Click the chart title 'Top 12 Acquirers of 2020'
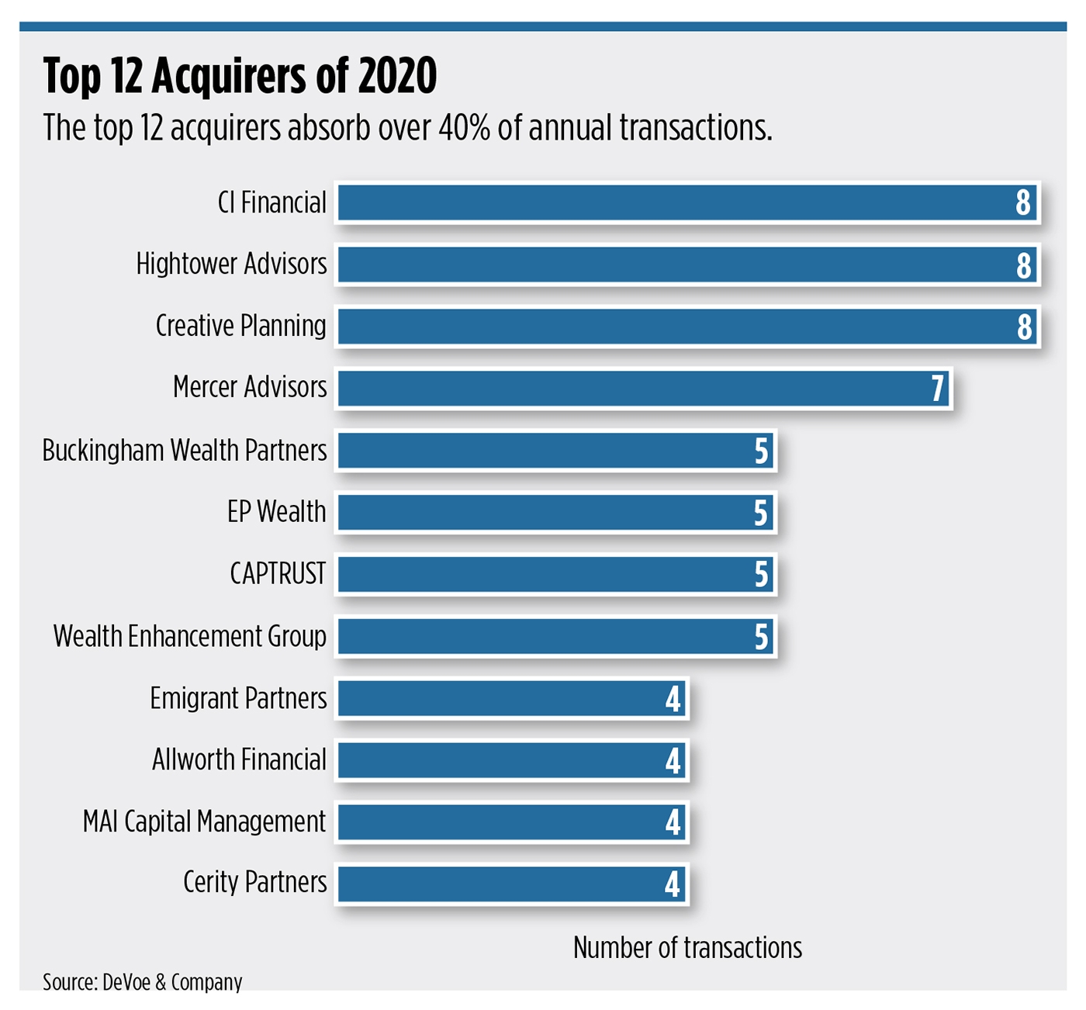pyautogui.click(x=240, y=76)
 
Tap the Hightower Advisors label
pyautogui.click(x=231, y=265)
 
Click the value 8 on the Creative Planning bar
pyautogui.click(x=1024, y=327)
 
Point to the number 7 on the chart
pyautogui.click(x=938, y=389)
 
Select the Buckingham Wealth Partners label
pyautogui.click(x=185, y=451)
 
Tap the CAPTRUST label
pyautogui.click(x=278, y=574)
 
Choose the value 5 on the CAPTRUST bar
pyautogui.click(x=761, y=575)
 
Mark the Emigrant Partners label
pyautogui.click(x=238, y=698)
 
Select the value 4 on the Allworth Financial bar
pyautogui.click(x=673, y=760)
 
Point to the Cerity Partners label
pyautogui.click(x=254, y=883)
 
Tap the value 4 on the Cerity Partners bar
pyautogui.click(x=673, y=884)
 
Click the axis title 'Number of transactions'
pyautogui.click(x=687, y=948)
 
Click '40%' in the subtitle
pyautogui.click(x=464, y=128)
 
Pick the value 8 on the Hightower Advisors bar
pyautogui.click(x=1024, y=266)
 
